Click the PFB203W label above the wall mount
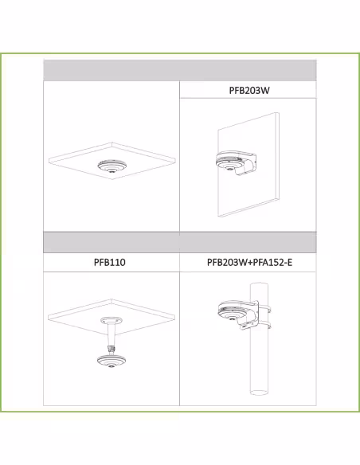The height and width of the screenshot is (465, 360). [x=249, y=90]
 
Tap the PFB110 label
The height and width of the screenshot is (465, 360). [x=109, y=262]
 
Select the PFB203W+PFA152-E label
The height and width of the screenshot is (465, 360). [x=249, y=262]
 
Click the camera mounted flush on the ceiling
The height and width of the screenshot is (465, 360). [x=112, y=166]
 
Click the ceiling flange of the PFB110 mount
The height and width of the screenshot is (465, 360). [x=112, y=320]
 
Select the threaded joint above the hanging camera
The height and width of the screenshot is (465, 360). [x=112, y=349]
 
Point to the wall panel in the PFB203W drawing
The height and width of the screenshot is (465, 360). [x=248, y=165]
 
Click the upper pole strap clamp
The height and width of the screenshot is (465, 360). [x=264, y=309]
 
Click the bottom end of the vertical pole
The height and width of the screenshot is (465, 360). [x=259, y=393]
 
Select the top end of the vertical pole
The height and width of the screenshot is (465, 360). [x=259, y=285]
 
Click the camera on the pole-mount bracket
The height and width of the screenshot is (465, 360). [x=233, y=314]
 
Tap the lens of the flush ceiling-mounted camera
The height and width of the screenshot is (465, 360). [x=112, y=170]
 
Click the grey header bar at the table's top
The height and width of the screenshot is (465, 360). [x=180, y=70]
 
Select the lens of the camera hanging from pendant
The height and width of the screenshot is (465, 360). [x=111, y=366]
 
